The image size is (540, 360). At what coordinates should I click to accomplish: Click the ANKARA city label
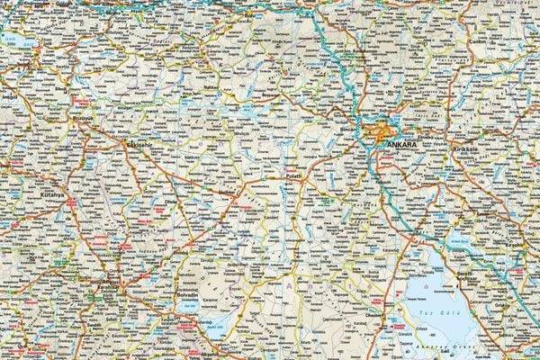tap(402, 144)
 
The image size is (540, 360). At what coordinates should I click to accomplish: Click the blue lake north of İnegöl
tap(13, 40)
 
